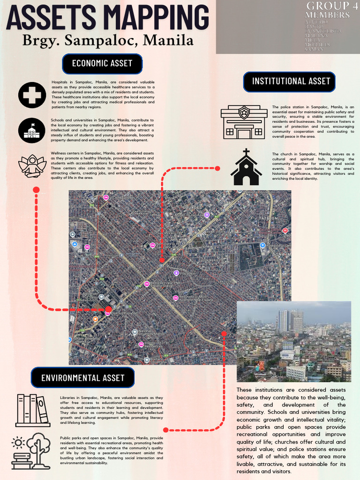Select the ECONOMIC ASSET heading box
point(102,63)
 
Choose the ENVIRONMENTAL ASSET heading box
point(82,378)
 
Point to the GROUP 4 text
point(328,6)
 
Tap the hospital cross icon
point(32,95)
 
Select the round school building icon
point(32,130)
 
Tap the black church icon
point(246,168)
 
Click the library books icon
point(33,410)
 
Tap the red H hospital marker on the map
point(285,231)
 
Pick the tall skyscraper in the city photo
point(284,321)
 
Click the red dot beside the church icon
point(217,168)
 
